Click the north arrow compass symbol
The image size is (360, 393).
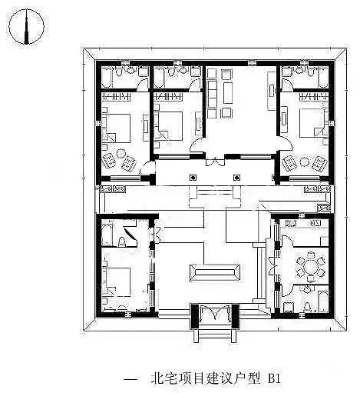click(26, 26)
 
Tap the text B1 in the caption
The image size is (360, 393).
click(274, 378)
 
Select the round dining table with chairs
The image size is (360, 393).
click(311, 267)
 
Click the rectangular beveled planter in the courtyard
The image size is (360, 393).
click(215, 272)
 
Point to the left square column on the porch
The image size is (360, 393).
click(193, 178)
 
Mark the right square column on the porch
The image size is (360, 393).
click(236, 178)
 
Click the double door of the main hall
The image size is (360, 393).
click(216, 161)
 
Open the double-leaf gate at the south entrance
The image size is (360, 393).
click(215, 312)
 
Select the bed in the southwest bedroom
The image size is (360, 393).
click(117, 281)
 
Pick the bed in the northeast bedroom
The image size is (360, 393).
click(313, 123)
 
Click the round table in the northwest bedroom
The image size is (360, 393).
click(121, 153)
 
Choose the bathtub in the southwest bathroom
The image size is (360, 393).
click(107, 235)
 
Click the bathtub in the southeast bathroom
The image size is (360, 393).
click(323, 301)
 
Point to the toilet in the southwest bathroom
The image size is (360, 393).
click(122, 241)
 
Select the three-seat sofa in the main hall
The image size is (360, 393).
click(212, 94)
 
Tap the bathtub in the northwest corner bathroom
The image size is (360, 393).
click(107, 77)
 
